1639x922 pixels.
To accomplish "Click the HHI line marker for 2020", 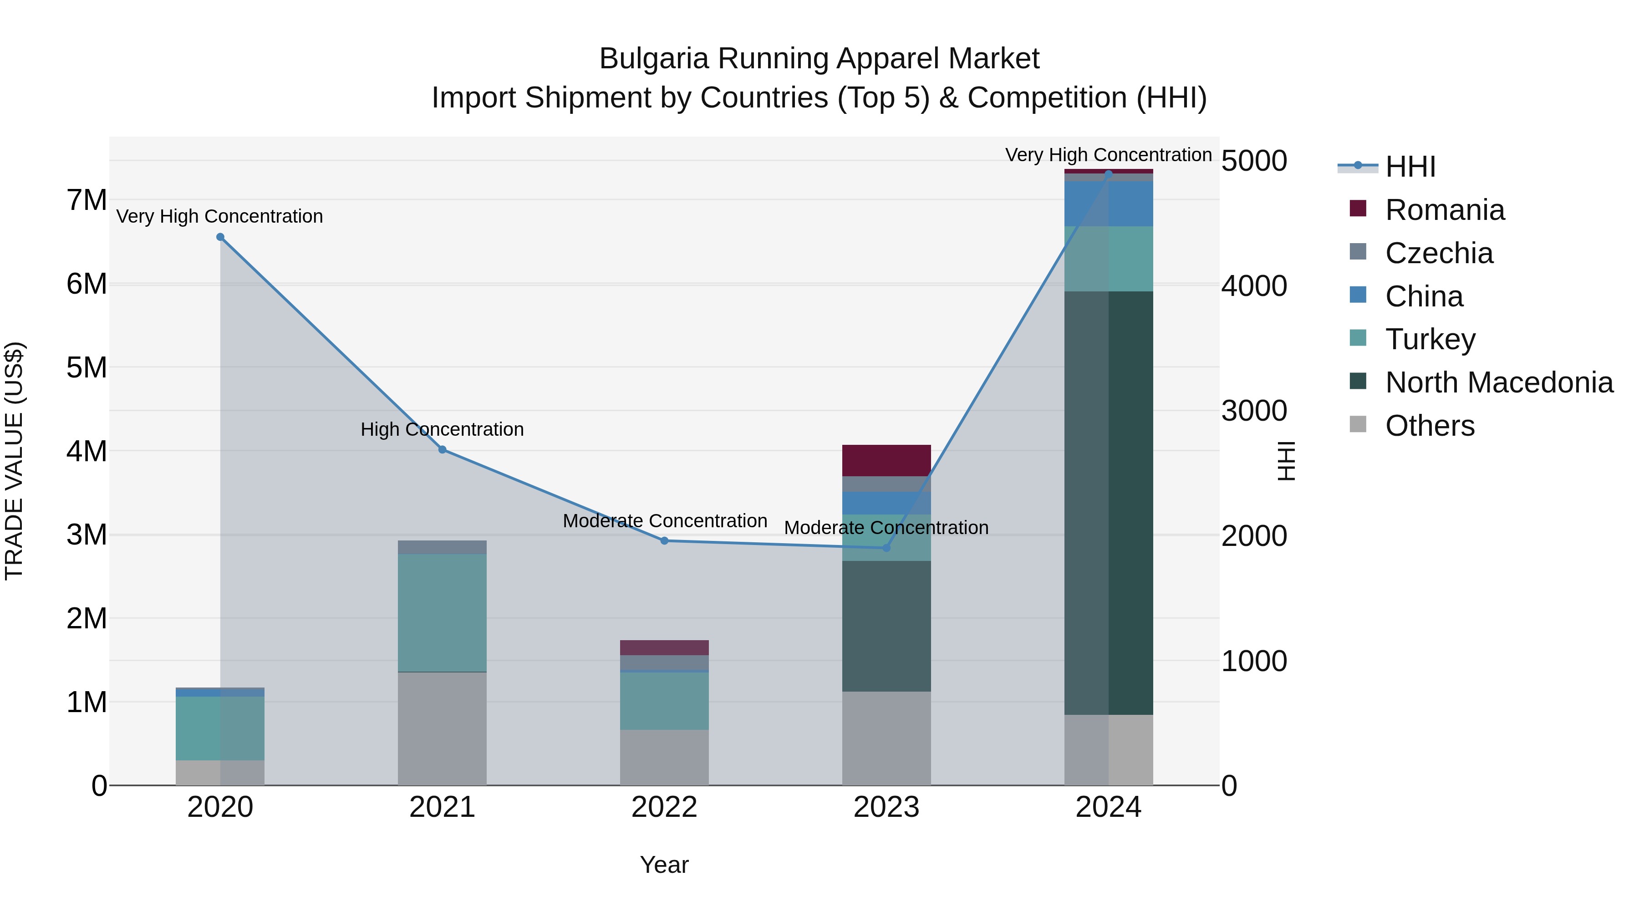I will point(220,237).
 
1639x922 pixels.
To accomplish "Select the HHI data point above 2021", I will point(442,450).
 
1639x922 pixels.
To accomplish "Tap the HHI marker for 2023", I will point(886,548).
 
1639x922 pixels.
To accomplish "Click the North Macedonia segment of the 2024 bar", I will point(1108,503).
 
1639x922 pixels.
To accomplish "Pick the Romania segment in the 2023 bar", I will point(886,460).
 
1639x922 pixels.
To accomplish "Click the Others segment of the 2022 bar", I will point(664,757).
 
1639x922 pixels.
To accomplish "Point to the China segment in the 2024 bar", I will point(1108,204).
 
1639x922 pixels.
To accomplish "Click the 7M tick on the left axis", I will point(87,200).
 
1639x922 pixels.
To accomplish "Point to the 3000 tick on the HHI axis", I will point(1253,411).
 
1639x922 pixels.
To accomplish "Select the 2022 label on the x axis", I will point(664,807).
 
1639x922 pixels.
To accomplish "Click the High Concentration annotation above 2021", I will point(442,429).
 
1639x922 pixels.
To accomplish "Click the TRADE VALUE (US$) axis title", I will point(14,461).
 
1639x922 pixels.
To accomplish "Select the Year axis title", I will point(664,865).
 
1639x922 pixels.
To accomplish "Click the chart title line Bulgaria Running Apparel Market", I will point(819,59).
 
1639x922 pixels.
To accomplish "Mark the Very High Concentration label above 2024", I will point(1108,155).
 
